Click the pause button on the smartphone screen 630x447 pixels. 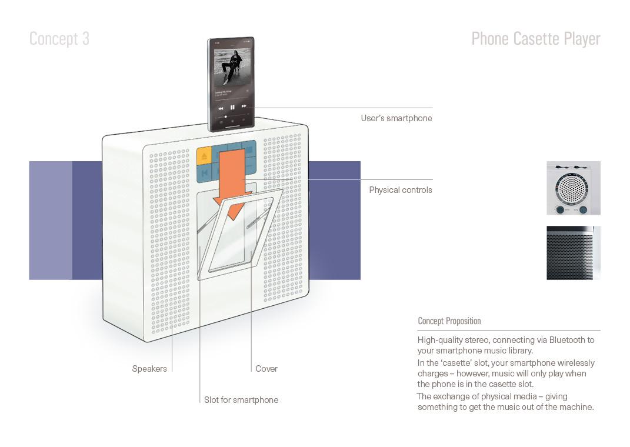(x=232, y=108)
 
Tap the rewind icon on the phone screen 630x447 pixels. (x=221, y=108)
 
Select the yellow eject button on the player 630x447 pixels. (x=204, y=155)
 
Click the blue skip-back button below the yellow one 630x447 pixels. (x=204, y=174)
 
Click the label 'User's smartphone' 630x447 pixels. (x=396, y=118)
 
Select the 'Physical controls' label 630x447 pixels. (x=401, y=190)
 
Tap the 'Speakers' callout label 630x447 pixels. (x=149, y=369)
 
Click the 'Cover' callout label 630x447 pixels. (x=266, y=369)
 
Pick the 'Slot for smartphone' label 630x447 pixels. (x=241, y=400)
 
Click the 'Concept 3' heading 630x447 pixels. (x=59, y=39)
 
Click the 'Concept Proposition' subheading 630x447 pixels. (x=449, y=321)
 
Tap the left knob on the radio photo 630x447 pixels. (x=560, y=209)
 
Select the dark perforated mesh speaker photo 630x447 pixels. (x=573, y=253)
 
